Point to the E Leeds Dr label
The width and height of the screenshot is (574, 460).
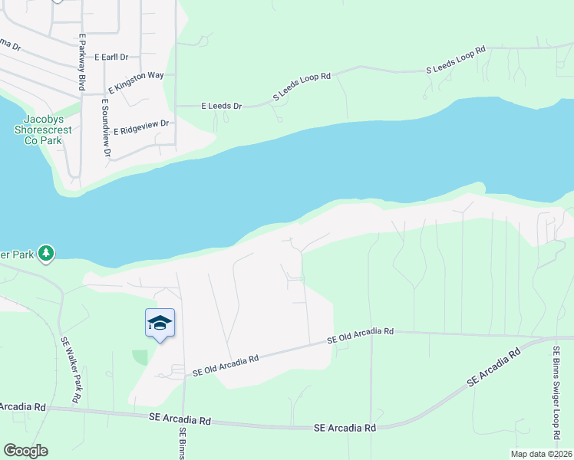click(x=221, y=107)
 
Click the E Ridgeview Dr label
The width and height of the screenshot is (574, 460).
click(x=140, y=127)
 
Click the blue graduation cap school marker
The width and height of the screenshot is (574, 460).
click(x=160, y=323)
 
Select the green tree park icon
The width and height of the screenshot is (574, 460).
click(x=46, y=252)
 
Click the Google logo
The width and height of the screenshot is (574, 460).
click(x=25, y=451)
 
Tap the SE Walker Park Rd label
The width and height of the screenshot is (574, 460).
click(x=70, y=370)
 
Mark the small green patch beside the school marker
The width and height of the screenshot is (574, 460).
click(x=140, y=357)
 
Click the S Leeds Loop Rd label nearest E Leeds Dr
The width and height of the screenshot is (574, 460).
click(x=302, y=87)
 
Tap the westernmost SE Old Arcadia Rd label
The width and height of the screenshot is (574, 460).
click(x=225, y=365)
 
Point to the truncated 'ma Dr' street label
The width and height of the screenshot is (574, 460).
click(x=10, y=47)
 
